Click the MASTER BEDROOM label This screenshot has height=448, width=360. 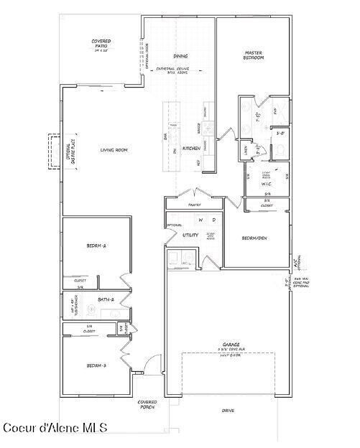tap(254, 55)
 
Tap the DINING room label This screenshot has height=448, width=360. tap(180, 55)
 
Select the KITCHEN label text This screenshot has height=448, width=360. tap(190, 148)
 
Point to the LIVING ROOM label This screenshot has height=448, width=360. tap(114, 149)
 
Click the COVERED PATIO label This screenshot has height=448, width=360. tap(101, 46)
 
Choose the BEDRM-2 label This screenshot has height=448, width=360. tap(96, 246)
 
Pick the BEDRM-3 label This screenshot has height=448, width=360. tap(96, 365)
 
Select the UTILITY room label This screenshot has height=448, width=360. tap(190, 235)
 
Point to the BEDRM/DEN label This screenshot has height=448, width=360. tap(254, 238)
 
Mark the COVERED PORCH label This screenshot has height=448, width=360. tap(147, 405)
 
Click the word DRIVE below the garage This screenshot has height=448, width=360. tap(228, 411)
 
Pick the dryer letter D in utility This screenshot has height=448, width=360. tap(213, 220)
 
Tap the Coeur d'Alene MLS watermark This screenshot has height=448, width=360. tap(55, 428)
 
